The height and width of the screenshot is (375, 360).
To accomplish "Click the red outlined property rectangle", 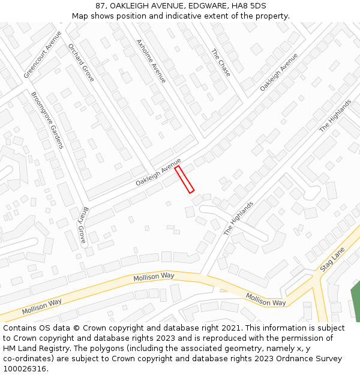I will pos(184,179).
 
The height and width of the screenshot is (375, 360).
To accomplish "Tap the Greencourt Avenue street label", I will pos(43,55).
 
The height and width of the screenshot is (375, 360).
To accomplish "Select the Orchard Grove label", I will pos(81,62).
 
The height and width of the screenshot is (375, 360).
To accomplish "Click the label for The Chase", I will pos(221,58).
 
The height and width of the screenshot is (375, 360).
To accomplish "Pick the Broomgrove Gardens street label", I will pos(47,120).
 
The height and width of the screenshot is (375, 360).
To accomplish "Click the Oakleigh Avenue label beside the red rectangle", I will pos(158,172).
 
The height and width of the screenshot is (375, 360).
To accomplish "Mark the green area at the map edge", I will pos(355,300).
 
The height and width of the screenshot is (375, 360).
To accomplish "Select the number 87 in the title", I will pos(100,5).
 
